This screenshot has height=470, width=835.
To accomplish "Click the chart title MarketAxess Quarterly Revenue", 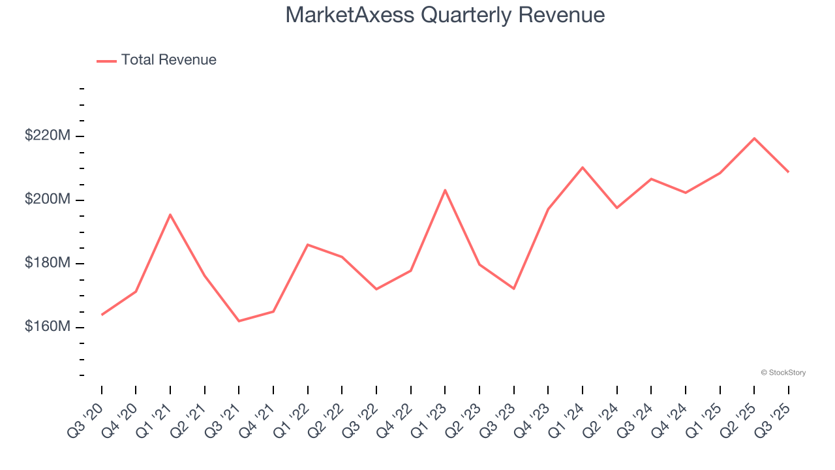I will click(445, 15).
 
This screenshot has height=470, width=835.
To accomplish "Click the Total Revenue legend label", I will click(168, 60).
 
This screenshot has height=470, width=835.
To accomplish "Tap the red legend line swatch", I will click(106, 61).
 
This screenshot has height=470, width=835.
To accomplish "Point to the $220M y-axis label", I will click(48, 136).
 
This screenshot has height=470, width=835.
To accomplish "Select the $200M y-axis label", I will click(48, 199).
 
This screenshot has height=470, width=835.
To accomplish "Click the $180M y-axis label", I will click(48, 263).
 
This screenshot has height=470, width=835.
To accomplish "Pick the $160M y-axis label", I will click(48, 326).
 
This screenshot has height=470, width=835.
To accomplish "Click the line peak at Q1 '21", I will click(170, 215).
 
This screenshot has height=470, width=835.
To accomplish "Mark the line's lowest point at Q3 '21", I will click(239, 321).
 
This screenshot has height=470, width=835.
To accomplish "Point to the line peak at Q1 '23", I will click(445, 190).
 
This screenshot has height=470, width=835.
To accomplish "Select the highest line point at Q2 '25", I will click(754, 138).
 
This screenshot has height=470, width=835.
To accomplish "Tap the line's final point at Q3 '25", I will click(788, 172).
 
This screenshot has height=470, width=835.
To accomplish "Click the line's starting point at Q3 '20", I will click(102, 315).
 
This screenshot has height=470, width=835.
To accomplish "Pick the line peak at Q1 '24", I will click(583, 168).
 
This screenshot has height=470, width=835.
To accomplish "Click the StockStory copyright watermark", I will click(783, 373).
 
